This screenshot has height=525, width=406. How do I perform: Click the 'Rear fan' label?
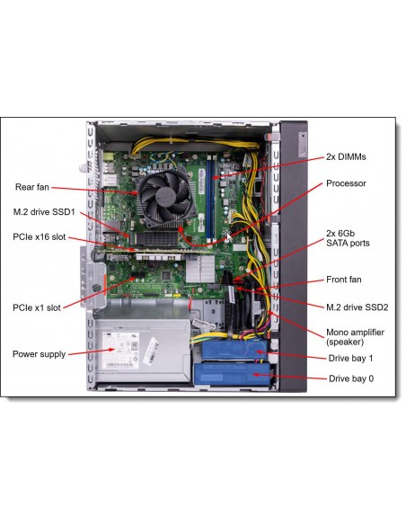coord(32,187)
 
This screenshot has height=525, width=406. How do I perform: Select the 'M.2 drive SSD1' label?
coord(44,211)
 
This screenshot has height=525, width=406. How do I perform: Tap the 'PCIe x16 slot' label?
coord(40,236)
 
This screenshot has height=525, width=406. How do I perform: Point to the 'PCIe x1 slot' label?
coord(37,307)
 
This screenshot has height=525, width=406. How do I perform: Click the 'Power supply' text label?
coord(40,354)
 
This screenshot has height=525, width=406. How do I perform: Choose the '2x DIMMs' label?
coord(346,156)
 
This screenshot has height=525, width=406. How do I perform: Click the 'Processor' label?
coord(346,183)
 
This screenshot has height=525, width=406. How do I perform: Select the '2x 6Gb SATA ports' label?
coord(348,238)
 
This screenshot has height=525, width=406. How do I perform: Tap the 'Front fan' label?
coord(343,280)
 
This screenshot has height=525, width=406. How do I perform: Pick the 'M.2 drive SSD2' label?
coord(357,307)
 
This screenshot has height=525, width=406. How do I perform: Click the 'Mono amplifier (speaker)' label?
coord(355,337)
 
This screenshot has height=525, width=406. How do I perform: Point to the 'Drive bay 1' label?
coord(350,358)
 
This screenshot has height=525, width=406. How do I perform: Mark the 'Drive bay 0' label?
coord(351,378)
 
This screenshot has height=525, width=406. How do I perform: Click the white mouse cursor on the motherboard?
coord(229,237)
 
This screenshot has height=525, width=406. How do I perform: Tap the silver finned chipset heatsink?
coord(200,269)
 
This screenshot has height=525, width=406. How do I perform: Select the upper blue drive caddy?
coord(234,350)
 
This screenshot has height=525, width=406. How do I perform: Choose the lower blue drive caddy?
coord(232,374)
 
